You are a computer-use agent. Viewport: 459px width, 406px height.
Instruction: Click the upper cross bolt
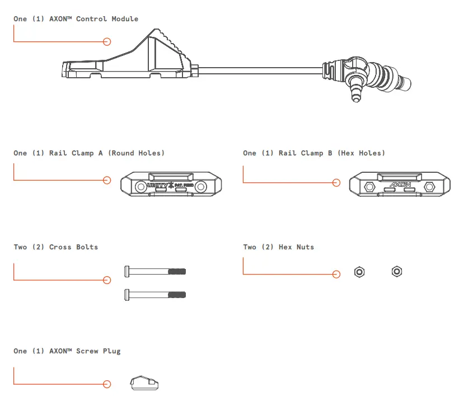[154, 272]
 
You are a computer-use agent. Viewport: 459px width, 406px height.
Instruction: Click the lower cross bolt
[154, 294]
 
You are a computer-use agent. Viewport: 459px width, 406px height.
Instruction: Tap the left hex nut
[360, 272]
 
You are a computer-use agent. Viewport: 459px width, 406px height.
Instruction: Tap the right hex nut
[396, 272]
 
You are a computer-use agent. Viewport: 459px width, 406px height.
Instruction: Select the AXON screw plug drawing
[144, 383]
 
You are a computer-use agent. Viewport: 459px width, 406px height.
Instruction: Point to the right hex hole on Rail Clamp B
[429, 186]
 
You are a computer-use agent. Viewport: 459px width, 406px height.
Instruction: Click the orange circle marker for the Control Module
[107, 41]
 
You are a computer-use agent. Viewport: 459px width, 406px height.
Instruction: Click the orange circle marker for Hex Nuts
[336, 274]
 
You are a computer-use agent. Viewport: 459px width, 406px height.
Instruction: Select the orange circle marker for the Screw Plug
[107, 384]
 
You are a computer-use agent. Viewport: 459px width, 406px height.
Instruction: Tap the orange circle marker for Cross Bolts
[107, 280]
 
